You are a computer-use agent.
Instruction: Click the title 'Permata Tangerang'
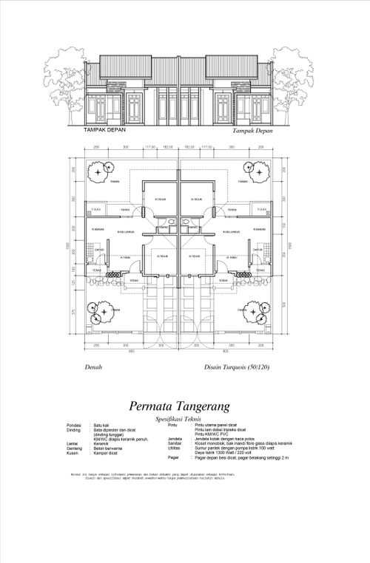coord(180,405)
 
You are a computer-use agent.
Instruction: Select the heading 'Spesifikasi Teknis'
coord(180,418)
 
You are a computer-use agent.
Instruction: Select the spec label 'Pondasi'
coord(73,426)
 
